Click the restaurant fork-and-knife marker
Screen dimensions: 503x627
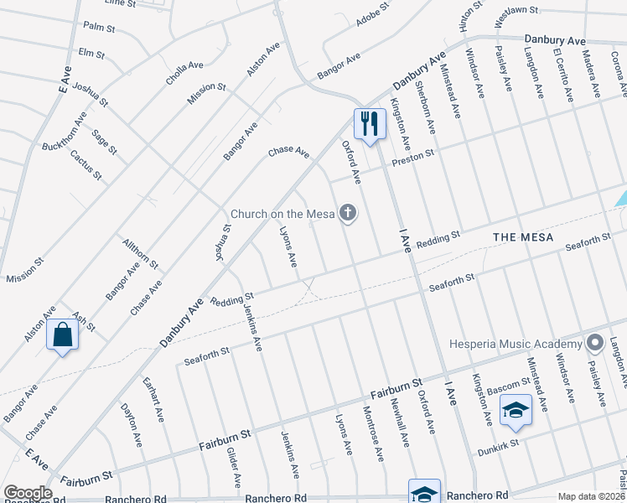coord(369,124)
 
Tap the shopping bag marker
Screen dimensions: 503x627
coord(63,335)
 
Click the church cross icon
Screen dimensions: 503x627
coord(348,215)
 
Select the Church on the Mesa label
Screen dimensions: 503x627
coord(283,215)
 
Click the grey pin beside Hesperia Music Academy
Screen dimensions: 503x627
coord(595,343)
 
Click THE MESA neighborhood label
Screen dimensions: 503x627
coord(523,237)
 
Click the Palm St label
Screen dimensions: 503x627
coord(99,28)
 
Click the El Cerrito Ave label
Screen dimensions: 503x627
coord(562,74)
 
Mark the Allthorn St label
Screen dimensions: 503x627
coord(140,251)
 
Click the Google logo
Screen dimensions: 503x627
coord(28,493)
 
